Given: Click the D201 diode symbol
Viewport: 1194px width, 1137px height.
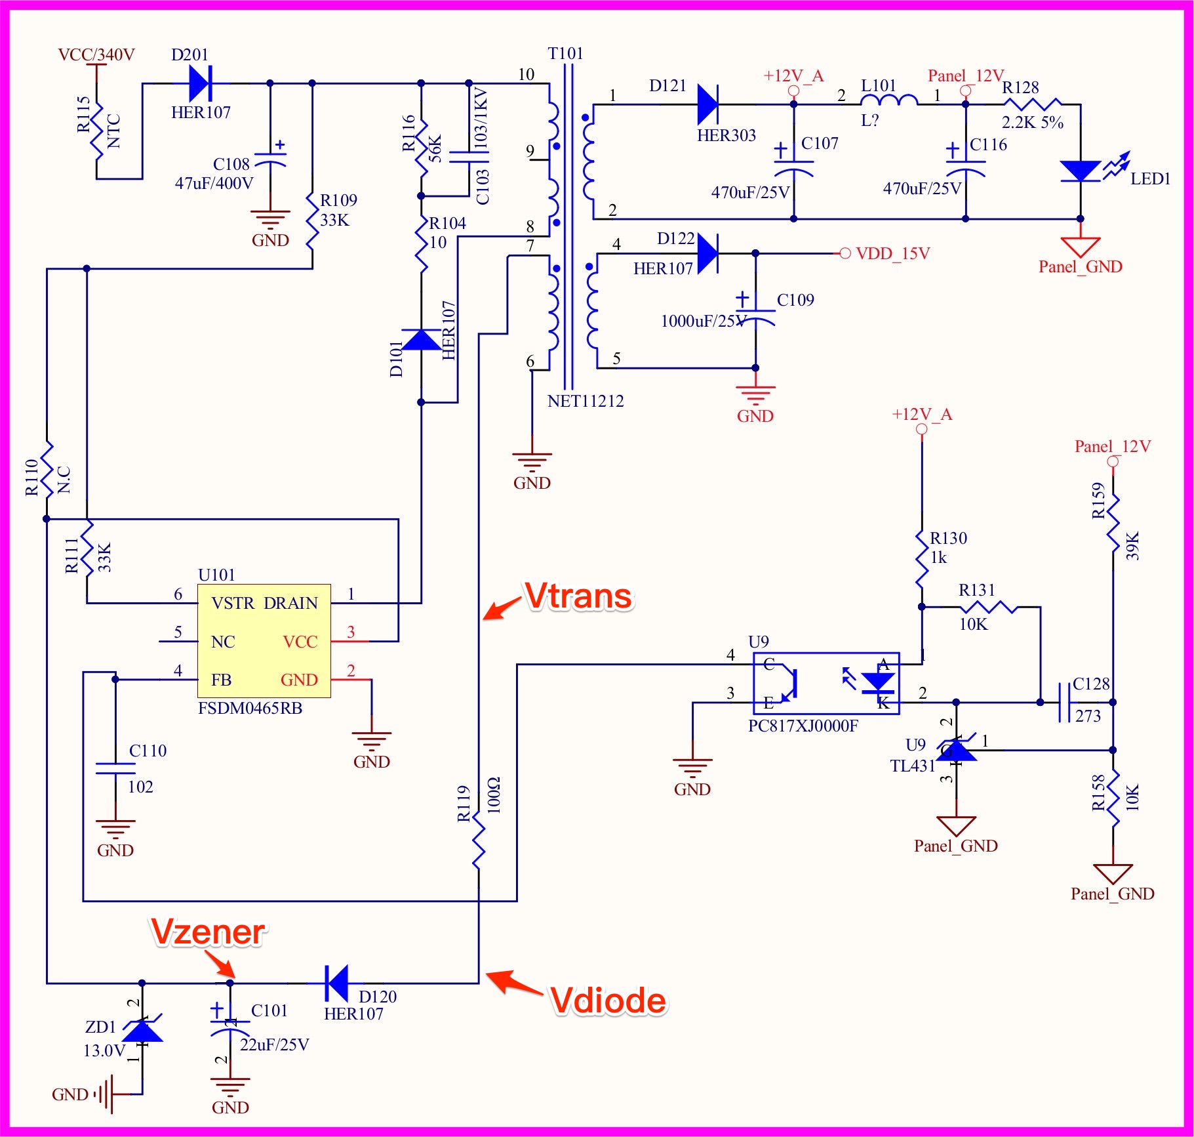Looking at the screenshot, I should [200, 83].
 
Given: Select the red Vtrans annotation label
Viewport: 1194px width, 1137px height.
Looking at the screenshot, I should [578, 596].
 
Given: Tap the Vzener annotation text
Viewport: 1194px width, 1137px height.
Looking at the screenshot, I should [208, 932].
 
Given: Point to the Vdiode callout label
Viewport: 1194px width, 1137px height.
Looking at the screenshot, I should [608, 1001].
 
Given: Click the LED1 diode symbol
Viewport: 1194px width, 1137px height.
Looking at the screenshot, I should [1080, 171].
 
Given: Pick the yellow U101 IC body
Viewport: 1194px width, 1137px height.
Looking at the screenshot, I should [264, 641].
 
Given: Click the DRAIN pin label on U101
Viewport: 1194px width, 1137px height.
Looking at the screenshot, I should [290, 603].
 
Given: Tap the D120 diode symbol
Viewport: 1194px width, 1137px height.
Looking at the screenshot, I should [337, 983].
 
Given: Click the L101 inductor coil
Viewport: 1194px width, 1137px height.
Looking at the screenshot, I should [888, 100].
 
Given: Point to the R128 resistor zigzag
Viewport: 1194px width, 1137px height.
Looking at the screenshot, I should [1033, 104].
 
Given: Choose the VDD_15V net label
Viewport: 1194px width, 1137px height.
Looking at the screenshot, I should [892, 253].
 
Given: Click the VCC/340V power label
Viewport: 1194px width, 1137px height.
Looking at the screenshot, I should [96, 54].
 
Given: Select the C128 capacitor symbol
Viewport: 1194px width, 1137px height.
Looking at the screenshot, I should [1064, 702].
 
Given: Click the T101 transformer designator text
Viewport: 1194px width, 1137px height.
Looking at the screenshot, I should [565, 53].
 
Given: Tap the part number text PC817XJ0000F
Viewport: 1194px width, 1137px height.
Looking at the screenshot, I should [803, 726].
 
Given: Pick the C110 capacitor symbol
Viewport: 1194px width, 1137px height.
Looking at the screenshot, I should [115, 768].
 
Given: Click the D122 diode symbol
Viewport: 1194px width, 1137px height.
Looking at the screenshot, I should [708, 253].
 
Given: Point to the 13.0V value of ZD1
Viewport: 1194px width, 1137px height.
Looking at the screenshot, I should [104, 1050].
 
